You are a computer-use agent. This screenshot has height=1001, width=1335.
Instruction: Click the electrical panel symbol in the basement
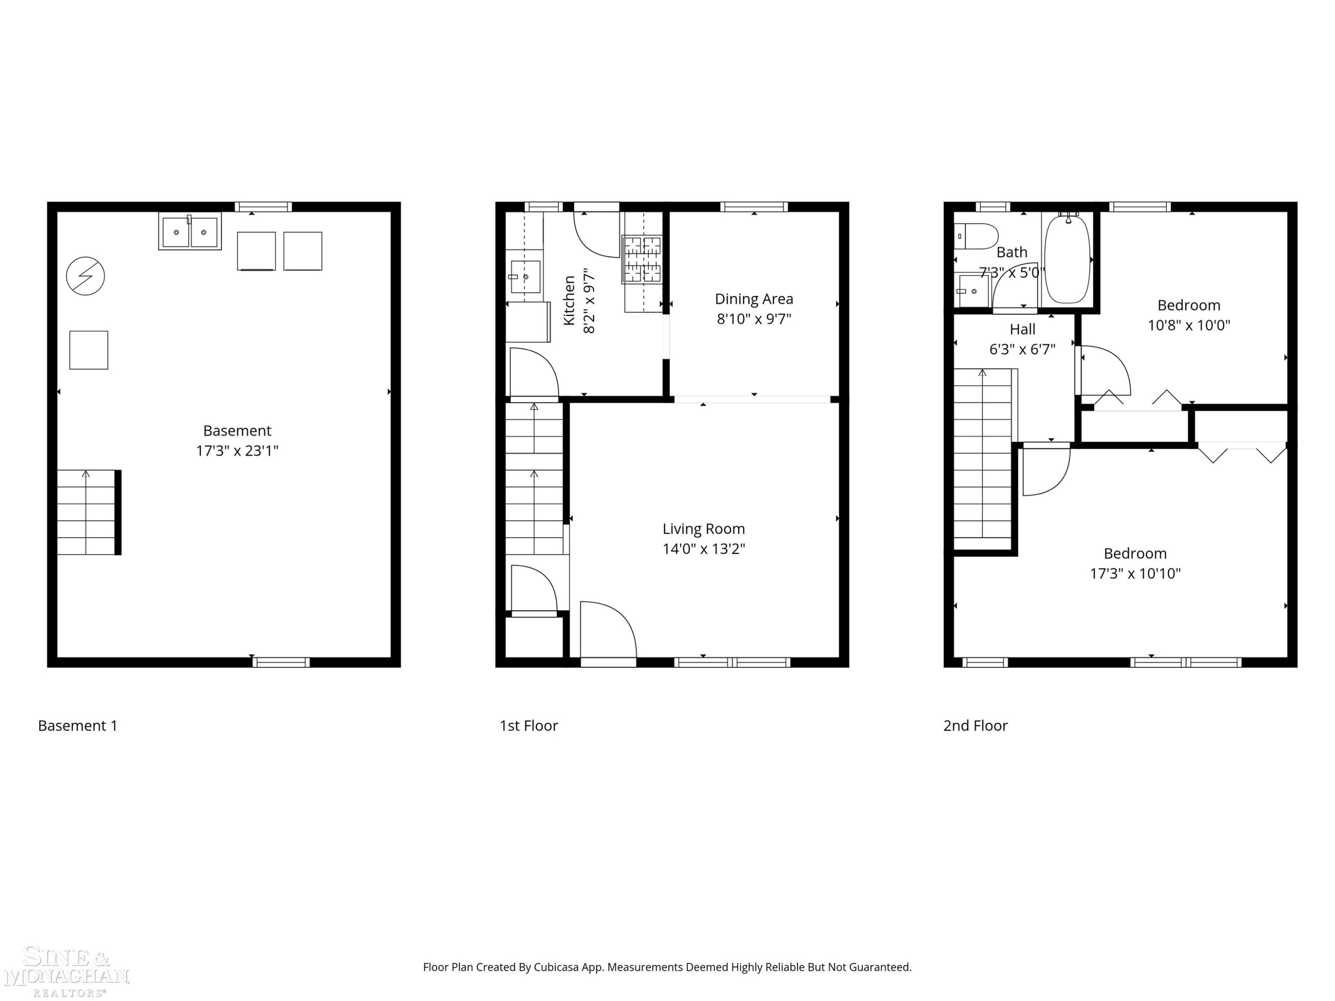pyautogui.click(x=85, y=276)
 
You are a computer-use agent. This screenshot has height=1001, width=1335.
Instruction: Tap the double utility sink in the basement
pyautogui.click(x=190, y=231)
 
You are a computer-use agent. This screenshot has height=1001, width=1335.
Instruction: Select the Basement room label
pyautogui.click(x=237, y=431)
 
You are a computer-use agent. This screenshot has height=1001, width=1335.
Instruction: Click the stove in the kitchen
pyautogui.click(x=642, y=259)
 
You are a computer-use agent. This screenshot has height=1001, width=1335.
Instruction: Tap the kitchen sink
pyautogui.click(x=525, y=277)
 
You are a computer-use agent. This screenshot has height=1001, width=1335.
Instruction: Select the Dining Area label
pyautogui.click(x=754, y=299)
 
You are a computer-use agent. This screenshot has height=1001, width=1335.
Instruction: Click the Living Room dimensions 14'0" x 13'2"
pyautogui.click(x=704, y=549)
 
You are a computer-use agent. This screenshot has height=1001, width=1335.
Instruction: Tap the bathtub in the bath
pyautogui.click(x=1068, y=259)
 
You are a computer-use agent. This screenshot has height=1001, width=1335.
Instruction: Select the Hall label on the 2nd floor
pyautogui.click(x=1022, y=330)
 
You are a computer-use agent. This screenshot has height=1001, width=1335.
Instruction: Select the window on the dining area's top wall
pyautogui.click(x=754, y=207)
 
